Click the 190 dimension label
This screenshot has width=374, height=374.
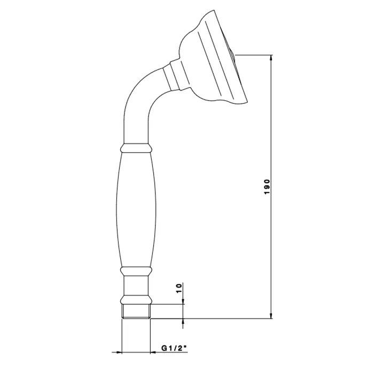pyautogui.click(x=267, y=187)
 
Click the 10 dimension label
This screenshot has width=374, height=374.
pyautogui.click(x=179, y=289)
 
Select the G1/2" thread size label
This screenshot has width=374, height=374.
pyautogui.click(x=174, y=348)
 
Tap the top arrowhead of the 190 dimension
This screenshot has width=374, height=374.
pyautogui.click(x=271, y=58)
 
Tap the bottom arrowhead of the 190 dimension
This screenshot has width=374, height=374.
pyautogui.click(x=271, y=315)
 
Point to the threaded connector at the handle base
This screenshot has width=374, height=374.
pyautogui.click(x=136, y=311)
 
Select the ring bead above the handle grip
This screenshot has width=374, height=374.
pyautogui.click(x=136, y=148)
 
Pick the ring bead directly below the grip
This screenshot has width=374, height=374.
pyautogui.click(x=136, y=271)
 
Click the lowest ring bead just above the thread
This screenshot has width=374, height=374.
pyautogui.click(x=136, y=300)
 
